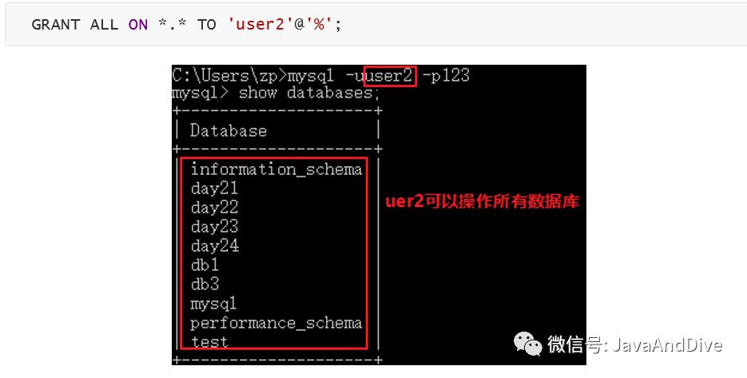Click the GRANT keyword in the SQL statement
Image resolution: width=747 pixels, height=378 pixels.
click(x=54, y=25)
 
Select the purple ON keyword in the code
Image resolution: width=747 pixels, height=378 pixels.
click(x=138, y=25)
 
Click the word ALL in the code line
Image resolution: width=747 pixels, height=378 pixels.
click(x=104, y=25)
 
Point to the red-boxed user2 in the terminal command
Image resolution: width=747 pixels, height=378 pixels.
click(x=391, y=77)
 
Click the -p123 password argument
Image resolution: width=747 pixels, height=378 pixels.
click(x=447, y=77)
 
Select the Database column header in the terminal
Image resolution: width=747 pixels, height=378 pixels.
click(x=228, y=131)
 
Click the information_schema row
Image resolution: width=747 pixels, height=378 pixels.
click(x=276, y=169)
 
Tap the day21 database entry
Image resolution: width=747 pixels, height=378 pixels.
click(x=214, y=189)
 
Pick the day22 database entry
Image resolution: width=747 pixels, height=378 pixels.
click(x=214, y=208)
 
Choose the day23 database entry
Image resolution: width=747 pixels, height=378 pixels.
click(x=214, y=227)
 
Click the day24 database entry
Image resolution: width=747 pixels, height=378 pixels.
click(x=214, y=246)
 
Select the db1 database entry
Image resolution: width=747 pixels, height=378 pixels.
click(x=205, y=265)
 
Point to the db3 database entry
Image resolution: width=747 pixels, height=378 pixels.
click(x=205, y=284)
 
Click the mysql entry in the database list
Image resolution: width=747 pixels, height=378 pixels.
click(x=213, y=304)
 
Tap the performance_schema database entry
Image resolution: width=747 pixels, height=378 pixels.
click(x=276, y=324)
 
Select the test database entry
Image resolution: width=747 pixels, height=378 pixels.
click(x=209, y=342)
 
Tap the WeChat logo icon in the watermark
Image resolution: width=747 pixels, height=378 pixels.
click(x=527, y=345)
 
